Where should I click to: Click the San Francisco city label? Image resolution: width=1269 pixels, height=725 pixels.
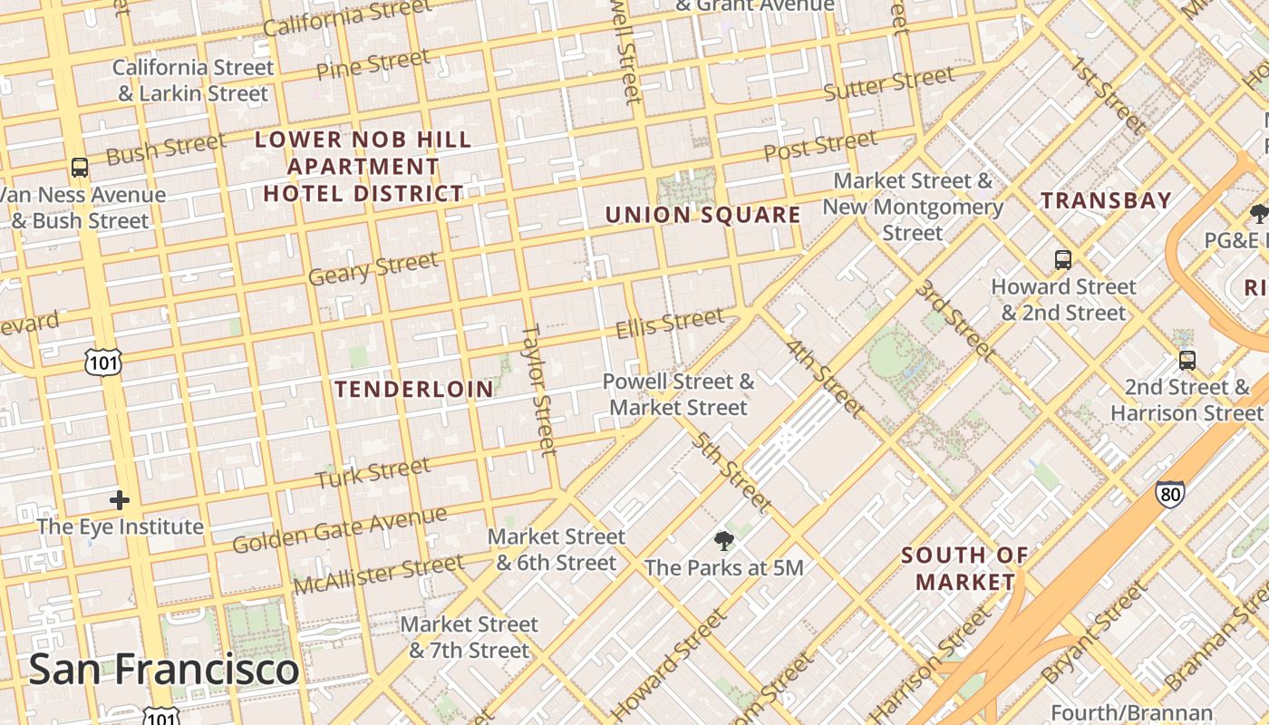[164, 670]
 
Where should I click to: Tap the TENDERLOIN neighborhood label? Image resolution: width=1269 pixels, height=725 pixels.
[414, 390]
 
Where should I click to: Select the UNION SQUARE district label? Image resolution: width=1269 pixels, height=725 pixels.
[702, 215]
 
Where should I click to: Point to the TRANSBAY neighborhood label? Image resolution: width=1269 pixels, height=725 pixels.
[1106, 200]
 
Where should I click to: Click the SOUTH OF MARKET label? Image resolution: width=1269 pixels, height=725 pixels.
[965, 568]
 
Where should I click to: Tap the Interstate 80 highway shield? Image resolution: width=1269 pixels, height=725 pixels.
[1169, 494]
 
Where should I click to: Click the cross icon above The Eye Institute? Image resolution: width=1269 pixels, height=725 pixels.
[119, 500]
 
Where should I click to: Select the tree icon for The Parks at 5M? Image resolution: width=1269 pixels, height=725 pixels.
[723, 542]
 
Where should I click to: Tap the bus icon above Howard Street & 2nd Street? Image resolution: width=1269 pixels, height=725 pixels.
[1063, 260]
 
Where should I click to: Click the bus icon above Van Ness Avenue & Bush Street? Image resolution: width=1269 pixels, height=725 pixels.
[80, 168]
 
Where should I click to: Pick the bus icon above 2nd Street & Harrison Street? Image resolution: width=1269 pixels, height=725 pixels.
[1187, 361]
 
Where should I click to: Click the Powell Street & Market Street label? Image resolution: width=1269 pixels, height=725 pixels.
[678, 394]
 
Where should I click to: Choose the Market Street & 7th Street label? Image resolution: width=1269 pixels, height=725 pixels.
[469, 637]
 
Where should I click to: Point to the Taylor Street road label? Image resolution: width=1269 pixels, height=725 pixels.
[538, 390]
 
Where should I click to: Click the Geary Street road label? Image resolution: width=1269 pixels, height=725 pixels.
[373, 269]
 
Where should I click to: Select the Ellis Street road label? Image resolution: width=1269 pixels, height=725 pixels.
[670, 323]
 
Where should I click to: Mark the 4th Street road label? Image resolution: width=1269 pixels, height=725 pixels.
[824, 378]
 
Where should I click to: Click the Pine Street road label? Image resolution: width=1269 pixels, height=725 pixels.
[373, 64]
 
